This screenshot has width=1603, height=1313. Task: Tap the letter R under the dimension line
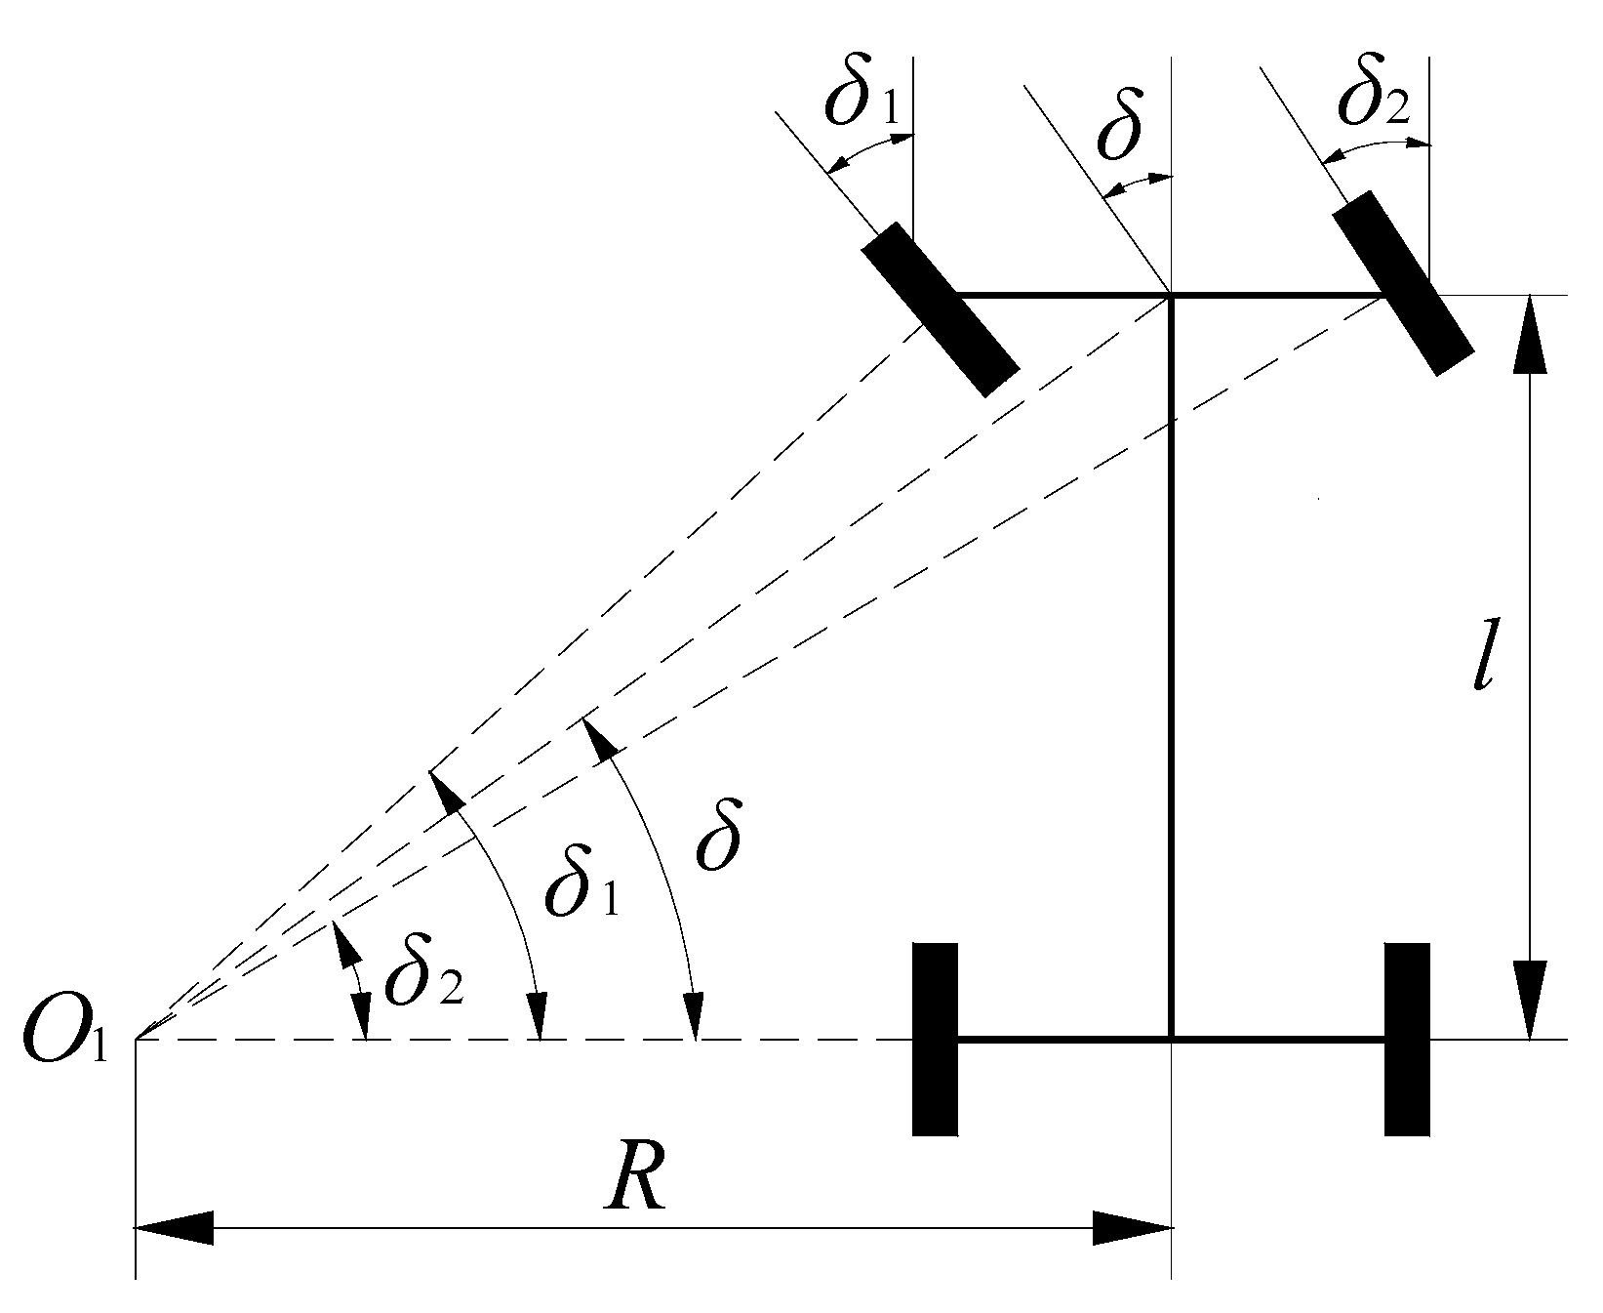634,1184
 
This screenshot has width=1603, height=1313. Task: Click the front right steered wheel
1402,282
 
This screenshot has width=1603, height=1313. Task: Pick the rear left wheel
935,1039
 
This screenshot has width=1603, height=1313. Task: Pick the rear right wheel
1407,1039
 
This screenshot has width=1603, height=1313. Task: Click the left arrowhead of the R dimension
176,1228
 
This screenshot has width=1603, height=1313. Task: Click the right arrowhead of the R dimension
1132,1228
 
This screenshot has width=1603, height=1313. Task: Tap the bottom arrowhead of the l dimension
1529,1001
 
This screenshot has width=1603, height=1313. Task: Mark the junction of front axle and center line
1170,294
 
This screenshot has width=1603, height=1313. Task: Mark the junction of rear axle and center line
1170,1040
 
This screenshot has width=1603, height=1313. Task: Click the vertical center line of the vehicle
1170,664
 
